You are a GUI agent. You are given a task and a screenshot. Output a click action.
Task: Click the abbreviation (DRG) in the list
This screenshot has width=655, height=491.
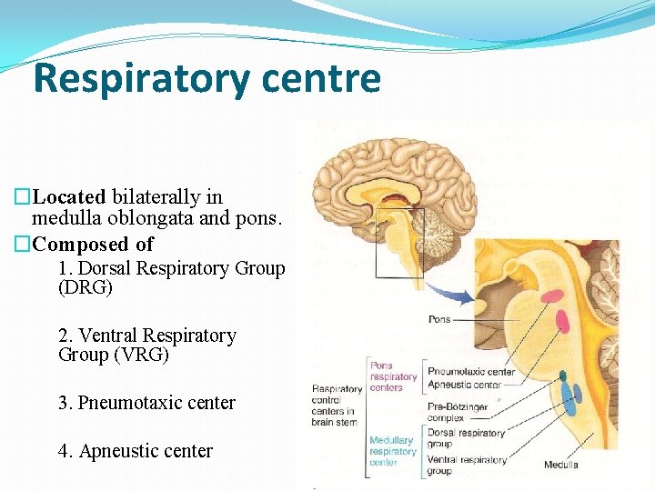click(x=85, y=288)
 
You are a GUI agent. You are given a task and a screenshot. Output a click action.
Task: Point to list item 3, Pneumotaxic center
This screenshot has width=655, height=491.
click(x=146, y=403)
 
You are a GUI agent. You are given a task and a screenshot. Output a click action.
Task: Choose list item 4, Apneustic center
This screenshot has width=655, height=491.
click(x=135, y=451)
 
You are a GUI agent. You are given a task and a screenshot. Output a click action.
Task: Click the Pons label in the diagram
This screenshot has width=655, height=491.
click(x=438, y=320)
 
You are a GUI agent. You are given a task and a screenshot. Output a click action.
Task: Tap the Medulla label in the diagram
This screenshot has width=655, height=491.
click(x=560, y=466)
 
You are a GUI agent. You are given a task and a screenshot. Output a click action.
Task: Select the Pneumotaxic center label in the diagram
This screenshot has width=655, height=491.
click(x=470, y=372)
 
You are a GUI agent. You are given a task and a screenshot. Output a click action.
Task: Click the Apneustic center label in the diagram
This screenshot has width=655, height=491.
click(x=464, y=385)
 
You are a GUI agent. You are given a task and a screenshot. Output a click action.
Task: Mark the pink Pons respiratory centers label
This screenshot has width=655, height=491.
click(x=393, y=376)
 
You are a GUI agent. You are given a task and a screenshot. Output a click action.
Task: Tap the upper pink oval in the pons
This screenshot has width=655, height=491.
click(x=550, y=296)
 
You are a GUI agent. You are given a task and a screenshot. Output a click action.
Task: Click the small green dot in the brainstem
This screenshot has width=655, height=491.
click(x=562, y=375)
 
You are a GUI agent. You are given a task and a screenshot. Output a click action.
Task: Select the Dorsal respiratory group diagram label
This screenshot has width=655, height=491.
click(x=465, y=438)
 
